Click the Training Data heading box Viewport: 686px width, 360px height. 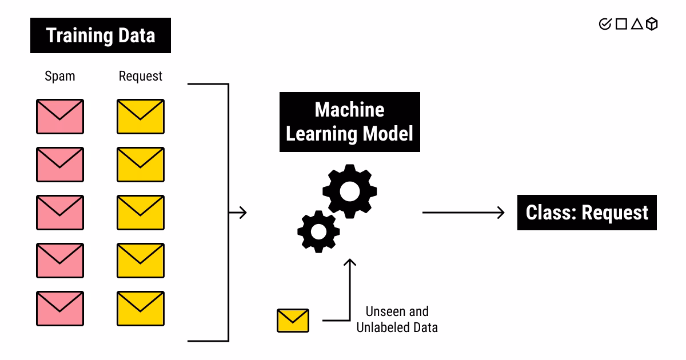point(101,35)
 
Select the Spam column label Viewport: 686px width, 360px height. point(60,76)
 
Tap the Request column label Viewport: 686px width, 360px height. point(141,76)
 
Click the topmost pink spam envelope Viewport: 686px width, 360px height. point(60,117)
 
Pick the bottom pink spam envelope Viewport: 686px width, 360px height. point(60,309)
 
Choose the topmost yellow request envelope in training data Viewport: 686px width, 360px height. point(141,117)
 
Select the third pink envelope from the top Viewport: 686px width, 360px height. point(60,213)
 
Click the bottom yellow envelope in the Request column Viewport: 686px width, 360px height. point(141,309)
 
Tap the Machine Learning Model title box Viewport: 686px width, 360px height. point(349,122)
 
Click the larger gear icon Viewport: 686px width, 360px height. point(349,191)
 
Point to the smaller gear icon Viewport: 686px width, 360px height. point(318,231)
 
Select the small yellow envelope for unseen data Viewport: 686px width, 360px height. point(293,321)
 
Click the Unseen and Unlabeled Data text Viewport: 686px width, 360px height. point(397,319)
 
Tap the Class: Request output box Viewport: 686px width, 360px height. point(587,213)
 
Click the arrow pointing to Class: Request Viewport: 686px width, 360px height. point(464,213)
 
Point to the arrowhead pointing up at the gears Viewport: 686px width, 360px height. point(349,263)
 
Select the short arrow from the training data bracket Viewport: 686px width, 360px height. point(238,213)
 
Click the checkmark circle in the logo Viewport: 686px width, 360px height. point(605,24)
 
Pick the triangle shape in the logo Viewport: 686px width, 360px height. point(637,24)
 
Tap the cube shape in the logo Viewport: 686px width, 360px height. point(652,24)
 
